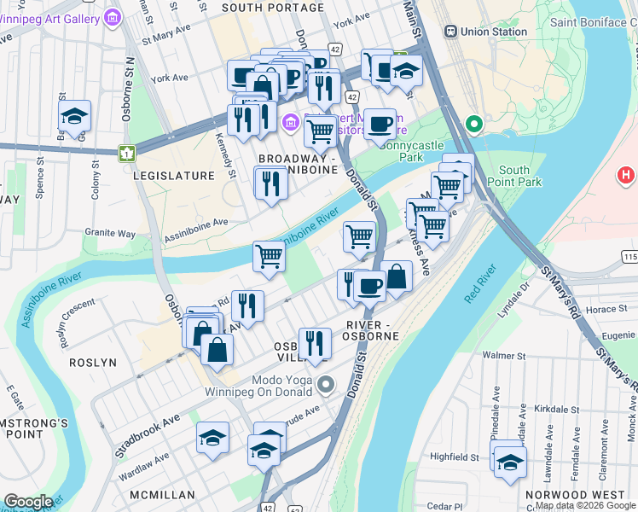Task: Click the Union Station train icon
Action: pos(450,32)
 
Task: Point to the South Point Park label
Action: pos(519,177)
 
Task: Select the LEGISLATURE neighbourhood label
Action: pos(173,175)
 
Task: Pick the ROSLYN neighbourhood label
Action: pos(93,362)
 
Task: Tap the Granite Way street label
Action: pos(110,233)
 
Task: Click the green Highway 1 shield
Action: pos(127,153)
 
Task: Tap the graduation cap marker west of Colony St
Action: pos(75,117)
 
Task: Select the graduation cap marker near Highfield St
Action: pos(510,461)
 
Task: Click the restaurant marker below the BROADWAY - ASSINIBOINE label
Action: pos(271,183)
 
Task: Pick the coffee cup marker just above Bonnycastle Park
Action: pos(380,125)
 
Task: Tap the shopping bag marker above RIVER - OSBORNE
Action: pos(397,276)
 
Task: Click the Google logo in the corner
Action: pos(29,502)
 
